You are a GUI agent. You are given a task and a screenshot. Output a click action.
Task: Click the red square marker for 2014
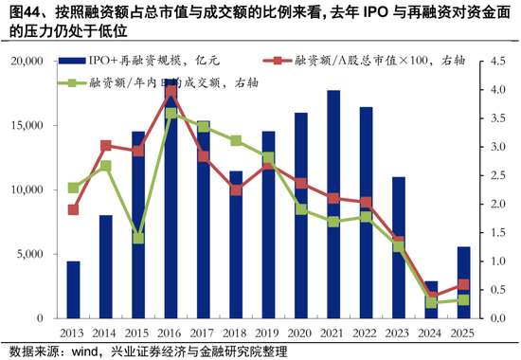(x=106, y=146)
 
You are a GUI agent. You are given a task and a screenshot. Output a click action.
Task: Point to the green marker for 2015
(x=138, y=238)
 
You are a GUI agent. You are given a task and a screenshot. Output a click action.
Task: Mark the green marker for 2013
(x=73, y=188)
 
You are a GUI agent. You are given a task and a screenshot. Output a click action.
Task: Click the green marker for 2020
(x=301, y=208)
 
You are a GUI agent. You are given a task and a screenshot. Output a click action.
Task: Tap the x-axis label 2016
(x=171, y=333)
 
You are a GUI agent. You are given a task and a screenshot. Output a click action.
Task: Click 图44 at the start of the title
(x=18, y=12)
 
